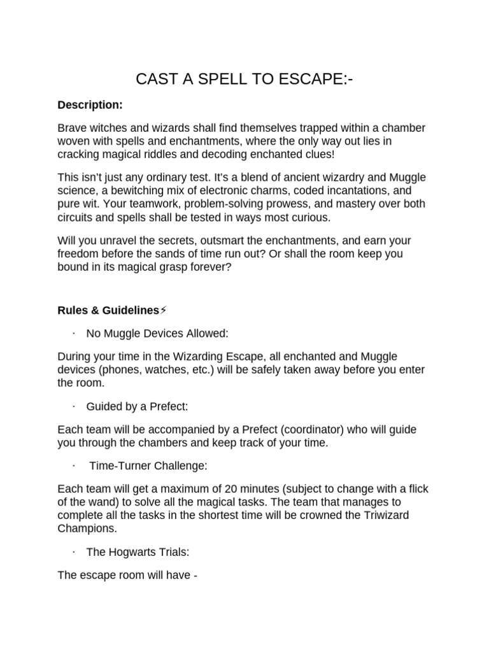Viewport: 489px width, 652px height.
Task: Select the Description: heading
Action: [x=90, y=104]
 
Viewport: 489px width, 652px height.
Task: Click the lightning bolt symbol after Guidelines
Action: [x=164, y=310]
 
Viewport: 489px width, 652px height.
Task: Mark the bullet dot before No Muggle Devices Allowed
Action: [x=74, y=333]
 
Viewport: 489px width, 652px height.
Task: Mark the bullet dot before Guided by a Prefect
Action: [x=74, y=406]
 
